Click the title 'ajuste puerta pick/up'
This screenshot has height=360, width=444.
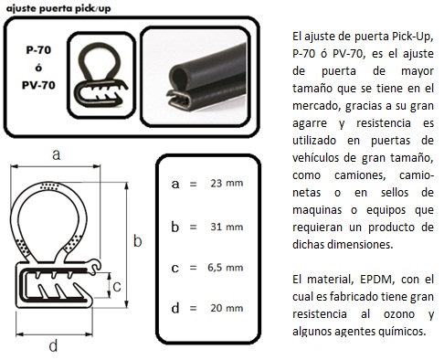[x=58, y=8]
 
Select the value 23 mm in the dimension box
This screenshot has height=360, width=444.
[x=227, y=183]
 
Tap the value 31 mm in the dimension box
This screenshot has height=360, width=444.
[x=227, y=227]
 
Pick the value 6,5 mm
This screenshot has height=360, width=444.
[x=226, y=268]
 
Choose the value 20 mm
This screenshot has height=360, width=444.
[x=227, y=308]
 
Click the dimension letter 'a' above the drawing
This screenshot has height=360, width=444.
[x=57, y=154]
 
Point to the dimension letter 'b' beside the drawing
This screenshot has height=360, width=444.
[x=138, y=241]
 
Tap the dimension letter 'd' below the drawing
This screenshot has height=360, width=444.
[x=53, y=345]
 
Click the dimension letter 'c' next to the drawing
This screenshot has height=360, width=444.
[x=117, y=287]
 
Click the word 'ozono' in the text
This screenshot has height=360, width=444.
[x=399, y=314]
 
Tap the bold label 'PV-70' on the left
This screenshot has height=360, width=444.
[x=38, y=85]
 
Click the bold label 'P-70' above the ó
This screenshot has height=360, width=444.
[x=38, y=49]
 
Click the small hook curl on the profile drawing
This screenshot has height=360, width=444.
[x=96, y=265]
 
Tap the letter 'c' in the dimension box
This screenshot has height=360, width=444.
[x=174, y=268]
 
